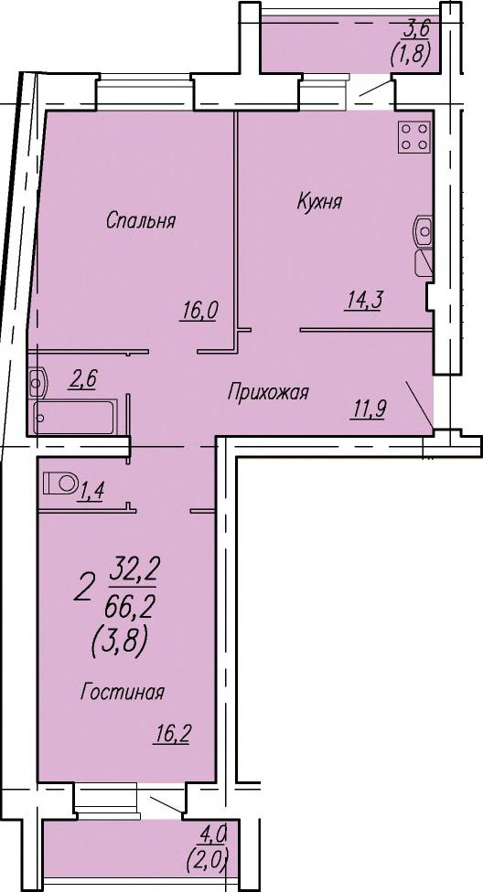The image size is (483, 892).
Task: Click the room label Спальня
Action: (x=141, y=221)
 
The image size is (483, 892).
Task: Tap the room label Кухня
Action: (x=319, y=201)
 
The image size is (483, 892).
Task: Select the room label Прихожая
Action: (x=268, y=392)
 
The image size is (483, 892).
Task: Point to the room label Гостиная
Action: (x=123, y=693)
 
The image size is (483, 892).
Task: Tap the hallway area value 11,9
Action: (x=368, y=409)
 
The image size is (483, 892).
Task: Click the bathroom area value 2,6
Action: (x=82, y=380)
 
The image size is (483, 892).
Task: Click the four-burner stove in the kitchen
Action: (x=414, y=136)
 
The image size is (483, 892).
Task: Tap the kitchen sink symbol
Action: (x=423, y=230)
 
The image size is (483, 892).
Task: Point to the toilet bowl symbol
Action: (x=61, y=483)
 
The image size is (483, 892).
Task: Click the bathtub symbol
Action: (x=75, y=417)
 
